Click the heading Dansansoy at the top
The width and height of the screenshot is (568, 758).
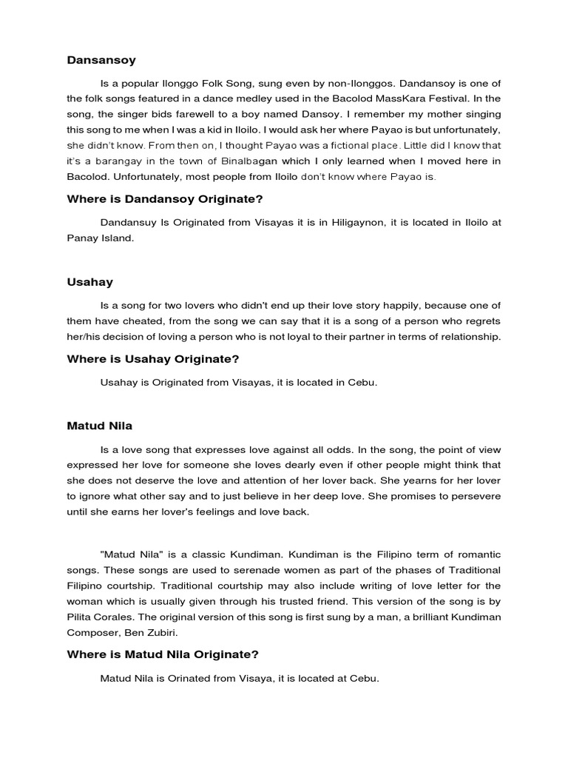[x=101, y=60]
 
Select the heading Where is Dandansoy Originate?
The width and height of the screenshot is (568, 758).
[x=165, y=199]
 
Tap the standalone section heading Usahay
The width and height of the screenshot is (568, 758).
[x=89, y=282]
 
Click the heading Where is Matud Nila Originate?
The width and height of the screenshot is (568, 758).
[x=162, y=654]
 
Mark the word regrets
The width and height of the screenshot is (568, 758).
[x=480, y=321]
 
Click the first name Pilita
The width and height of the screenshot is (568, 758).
[x=81, y=616]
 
